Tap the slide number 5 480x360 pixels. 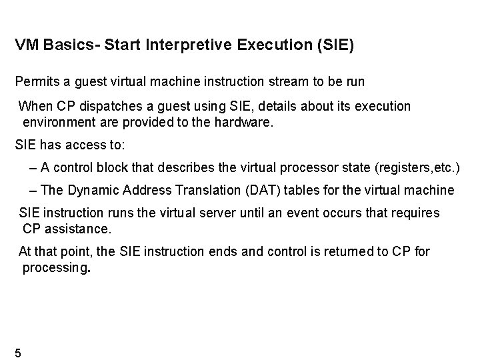[x=18, y=352]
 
